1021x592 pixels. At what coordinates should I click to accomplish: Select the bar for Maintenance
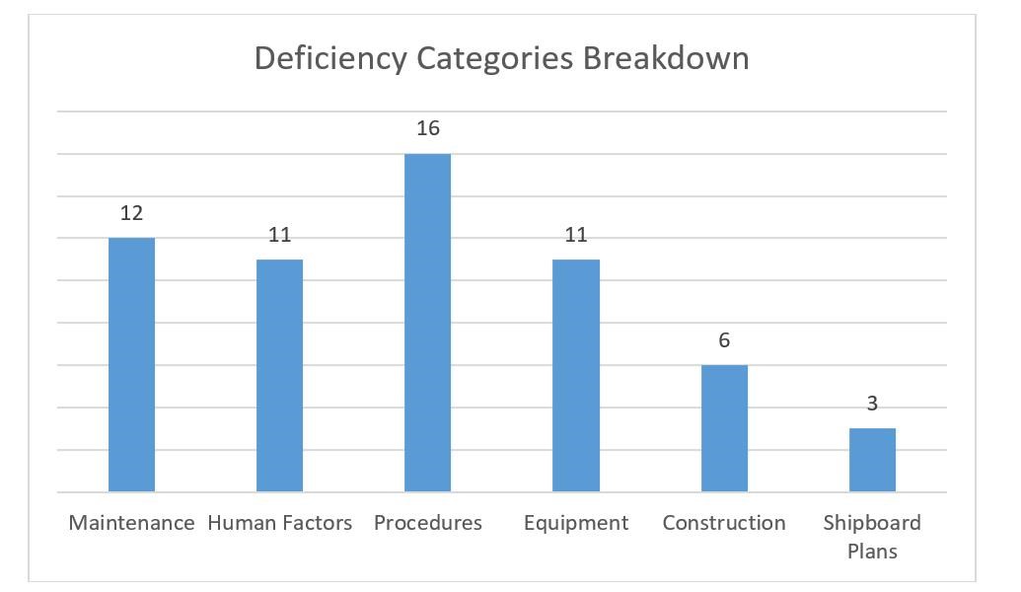pos(131,364)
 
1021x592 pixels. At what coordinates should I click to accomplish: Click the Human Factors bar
pos(279,375)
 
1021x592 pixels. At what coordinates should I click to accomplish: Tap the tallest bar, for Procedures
pos(427,323)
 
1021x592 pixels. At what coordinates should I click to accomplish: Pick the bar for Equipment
pos(576,375)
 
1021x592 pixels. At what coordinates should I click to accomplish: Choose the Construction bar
pos(724,428)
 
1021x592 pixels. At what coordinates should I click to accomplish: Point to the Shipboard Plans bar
pos(872,460)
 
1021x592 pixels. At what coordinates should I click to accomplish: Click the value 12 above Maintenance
pos(131,213)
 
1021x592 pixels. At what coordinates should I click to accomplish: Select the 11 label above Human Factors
pos(279,235)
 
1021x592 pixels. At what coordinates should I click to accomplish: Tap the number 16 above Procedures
pos(427,128)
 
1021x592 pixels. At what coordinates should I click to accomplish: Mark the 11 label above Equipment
pos(576,235)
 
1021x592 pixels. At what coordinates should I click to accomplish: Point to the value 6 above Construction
pos(724,340)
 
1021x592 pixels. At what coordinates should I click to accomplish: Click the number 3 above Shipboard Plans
pos(872,404)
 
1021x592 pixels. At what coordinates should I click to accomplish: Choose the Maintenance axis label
pos(131,523)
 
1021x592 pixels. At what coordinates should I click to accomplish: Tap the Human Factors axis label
pos(279,523)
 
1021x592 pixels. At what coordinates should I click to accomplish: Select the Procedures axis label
pos(427,523)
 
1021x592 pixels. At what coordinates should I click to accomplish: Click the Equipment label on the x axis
pos(576,523)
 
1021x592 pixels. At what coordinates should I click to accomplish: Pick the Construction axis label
pos(724,523)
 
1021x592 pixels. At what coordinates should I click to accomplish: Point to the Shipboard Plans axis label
pos(872,536)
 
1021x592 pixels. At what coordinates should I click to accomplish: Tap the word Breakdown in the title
pos(666,58)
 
